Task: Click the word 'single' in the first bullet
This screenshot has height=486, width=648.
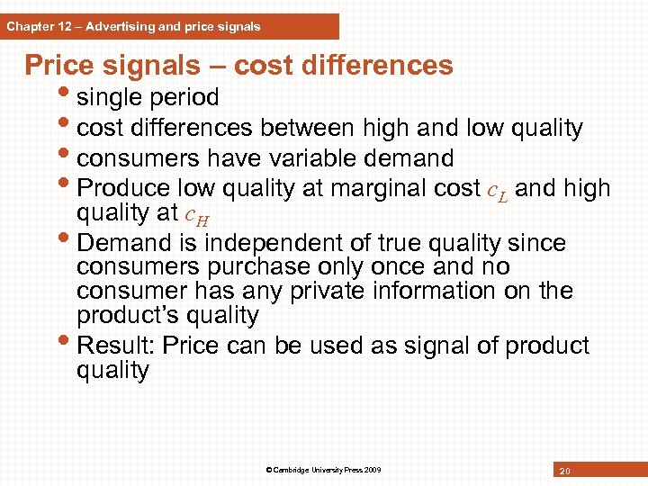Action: [112, 97]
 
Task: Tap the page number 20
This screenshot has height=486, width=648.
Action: [564, 471]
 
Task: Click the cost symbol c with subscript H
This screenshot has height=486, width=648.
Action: [195, 215]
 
